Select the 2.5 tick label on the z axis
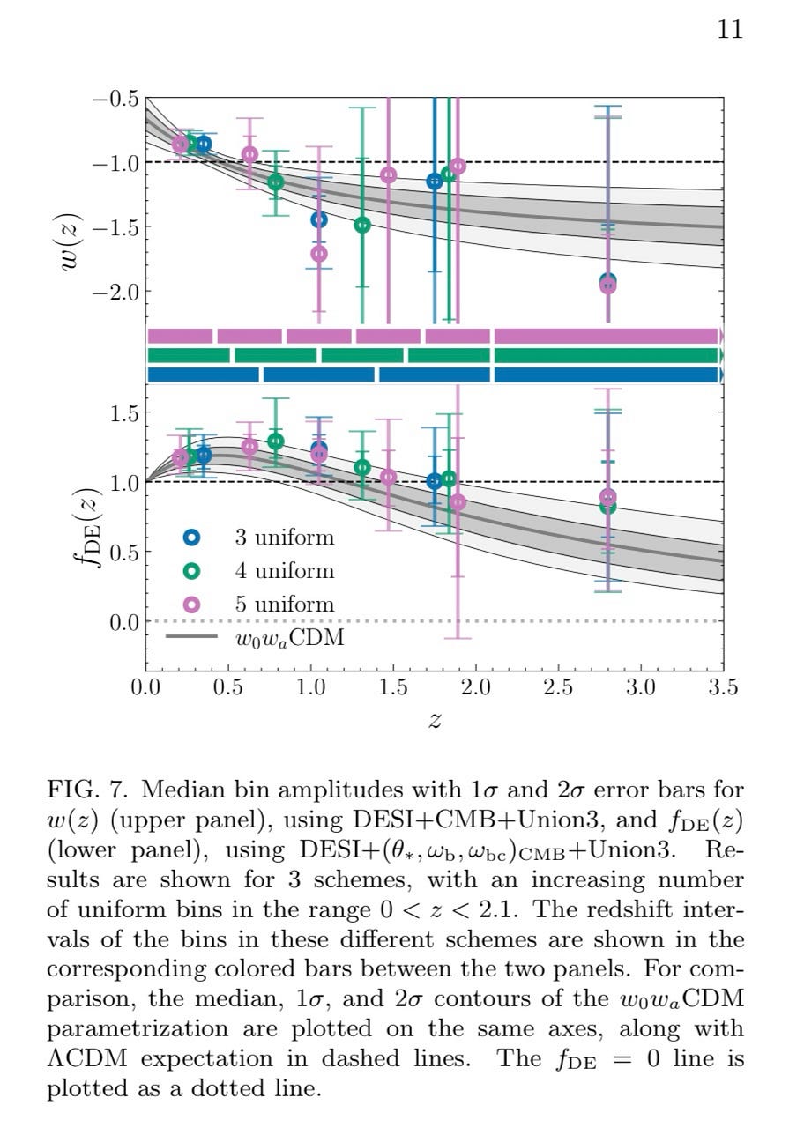tap(558, 687)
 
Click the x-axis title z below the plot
tap(434, 720)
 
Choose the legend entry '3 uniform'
tap(284, 537)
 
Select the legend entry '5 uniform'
tap(284, 605)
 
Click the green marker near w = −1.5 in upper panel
tap(361, 225)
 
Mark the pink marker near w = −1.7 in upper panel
tap(318, 254)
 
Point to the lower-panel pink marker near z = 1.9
tap(458, 502)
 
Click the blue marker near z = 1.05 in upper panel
tap(318, 219)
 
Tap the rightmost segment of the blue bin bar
tap(607, 375)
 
